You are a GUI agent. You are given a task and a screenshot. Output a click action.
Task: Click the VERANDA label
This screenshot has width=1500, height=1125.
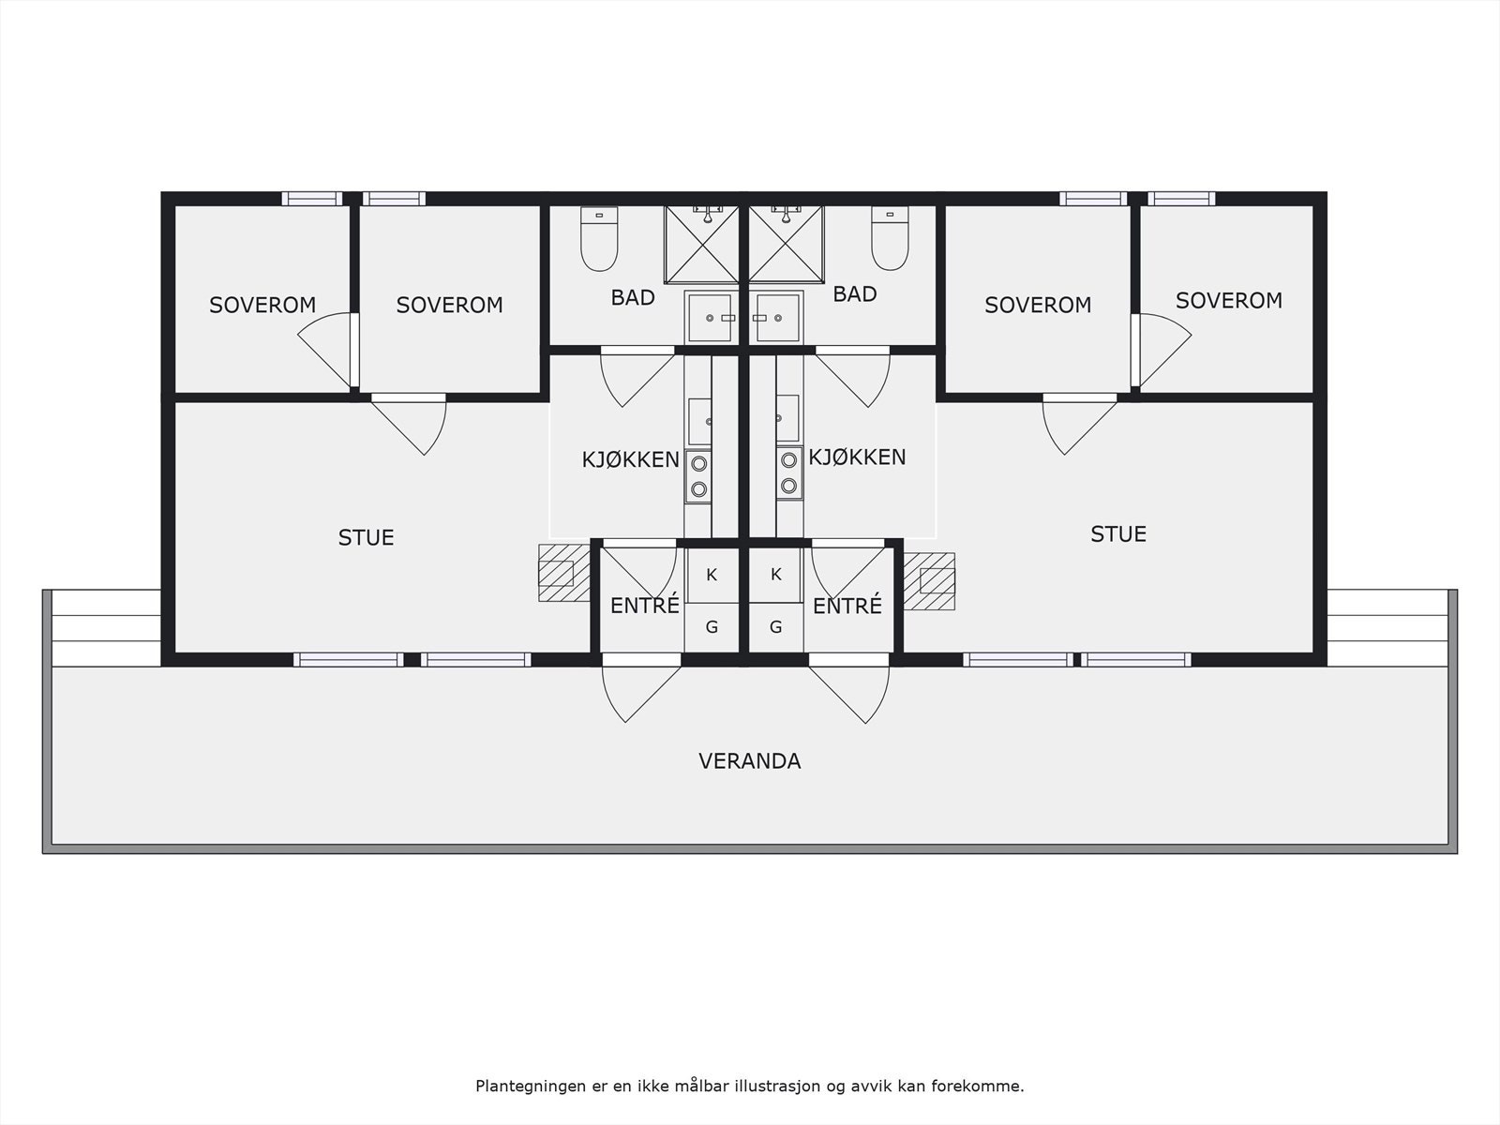(x=749, y=760)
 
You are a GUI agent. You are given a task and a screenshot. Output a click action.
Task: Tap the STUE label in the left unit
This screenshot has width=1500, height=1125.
(x=366, y=537)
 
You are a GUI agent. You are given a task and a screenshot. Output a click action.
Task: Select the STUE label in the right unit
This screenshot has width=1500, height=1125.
(x=1118, y=533)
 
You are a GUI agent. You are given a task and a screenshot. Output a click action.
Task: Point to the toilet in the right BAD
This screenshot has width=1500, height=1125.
(x=890, y=239)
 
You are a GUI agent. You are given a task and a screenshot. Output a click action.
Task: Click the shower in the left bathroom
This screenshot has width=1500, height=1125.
(x=702, y=244)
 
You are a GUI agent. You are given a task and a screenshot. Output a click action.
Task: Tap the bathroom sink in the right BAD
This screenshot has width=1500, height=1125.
(x=776, y=318)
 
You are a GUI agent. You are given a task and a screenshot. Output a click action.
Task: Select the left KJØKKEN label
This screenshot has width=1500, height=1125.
(x=630, y=459)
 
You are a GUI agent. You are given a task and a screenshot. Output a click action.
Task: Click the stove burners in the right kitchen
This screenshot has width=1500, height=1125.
(x=789, y=473)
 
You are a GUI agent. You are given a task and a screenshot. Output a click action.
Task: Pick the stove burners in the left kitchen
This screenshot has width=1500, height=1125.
(x=697, y=474)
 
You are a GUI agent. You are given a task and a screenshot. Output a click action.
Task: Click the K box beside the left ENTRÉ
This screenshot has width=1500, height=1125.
(x=712, y=575)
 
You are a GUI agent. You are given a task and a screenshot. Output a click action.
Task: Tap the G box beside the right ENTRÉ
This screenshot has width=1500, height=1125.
(x=775, y=627)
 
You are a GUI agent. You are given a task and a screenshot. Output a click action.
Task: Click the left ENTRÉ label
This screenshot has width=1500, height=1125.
(x=644, y=606)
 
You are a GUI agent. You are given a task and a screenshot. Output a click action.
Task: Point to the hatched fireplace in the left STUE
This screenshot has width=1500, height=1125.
(x=561, y=573)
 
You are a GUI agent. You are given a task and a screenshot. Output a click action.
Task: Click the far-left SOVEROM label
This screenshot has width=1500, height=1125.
(x=262, y=305)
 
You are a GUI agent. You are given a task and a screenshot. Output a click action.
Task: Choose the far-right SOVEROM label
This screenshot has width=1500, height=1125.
(x=1228, y=300)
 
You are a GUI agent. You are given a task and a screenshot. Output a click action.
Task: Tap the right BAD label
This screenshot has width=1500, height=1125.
(x=854, y=294)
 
